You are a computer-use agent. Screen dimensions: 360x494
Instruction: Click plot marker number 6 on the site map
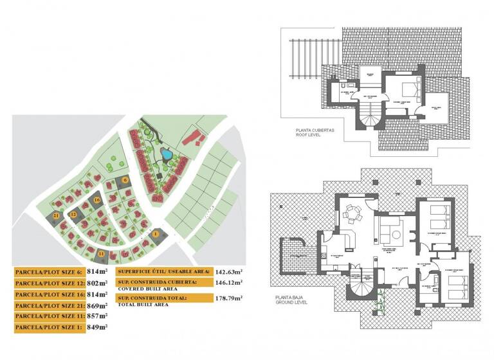125,181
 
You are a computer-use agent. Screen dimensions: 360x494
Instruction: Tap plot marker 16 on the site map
96,200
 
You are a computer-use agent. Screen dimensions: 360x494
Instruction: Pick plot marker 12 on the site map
74,215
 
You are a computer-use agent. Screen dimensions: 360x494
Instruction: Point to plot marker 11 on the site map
101,255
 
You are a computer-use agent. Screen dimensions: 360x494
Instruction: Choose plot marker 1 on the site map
155,235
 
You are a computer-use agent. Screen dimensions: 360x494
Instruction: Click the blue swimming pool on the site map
166,154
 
